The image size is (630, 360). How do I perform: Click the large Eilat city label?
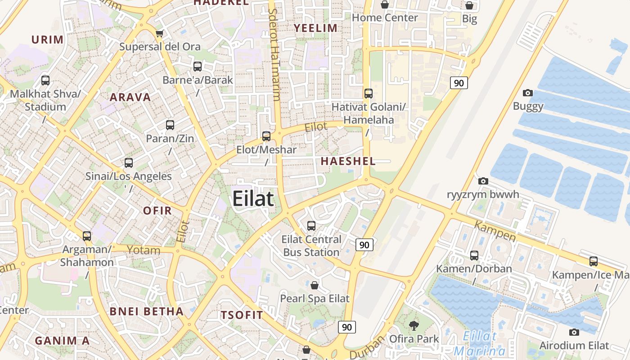click(x=253, y=198)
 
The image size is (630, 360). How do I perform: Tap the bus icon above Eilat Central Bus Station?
click(x=311, y=225)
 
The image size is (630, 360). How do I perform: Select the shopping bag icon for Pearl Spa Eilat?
click(x=315, y=285)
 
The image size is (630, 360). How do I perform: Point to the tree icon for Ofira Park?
click(x=414, y=325)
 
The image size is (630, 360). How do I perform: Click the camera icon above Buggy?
click(x=528, y=93)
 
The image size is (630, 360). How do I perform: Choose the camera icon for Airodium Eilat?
click(x=574, y=333)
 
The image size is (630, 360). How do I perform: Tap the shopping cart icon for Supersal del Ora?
click(x=159, y=33)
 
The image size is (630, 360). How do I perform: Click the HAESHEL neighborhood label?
click(x=348, y=162)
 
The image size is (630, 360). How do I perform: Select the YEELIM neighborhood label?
click(x=315, y=28)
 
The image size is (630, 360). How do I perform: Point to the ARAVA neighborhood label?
click(x=130, y=97)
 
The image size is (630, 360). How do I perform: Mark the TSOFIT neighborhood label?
click(x=242, y=315)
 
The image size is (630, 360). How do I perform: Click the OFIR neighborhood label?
click(x=157, y=211)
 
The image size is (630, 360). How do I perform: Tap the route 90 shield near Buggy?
click(x=459, y=83)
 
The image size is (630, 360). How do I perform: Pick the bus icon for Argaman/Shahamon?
click(x=87, y=236)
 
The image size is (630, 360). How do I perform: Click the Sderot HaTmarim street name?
click(x=274, y=54)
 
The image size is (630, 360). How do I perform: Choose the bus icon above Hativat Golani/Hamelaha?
click(x=369, y=94)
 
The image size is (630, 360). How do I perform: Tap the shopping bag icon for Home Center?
click(x=385, y=5)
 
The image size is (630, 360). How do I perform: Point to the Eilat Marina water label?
click(x=480, y=343)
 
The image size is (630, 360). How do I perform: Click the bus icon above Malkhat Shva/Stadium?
click(x=45, y=81)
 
